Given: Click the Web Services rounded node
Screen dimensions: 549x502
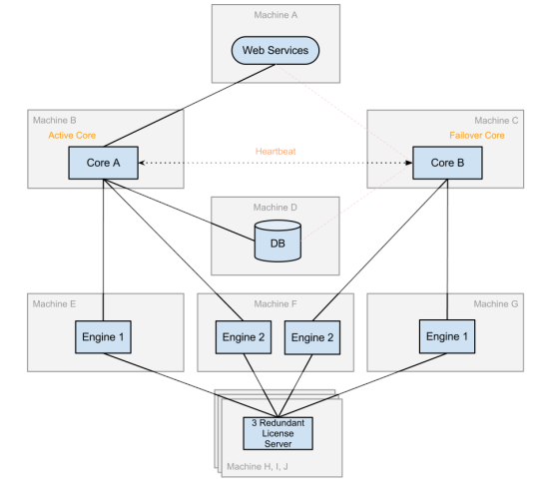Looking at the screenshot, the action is pos(275,51).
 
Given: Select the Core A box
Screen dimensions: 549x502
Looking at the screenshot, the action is pos(103,163).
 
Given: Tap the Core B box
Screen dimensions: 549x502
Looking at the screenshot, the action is pos(447,163).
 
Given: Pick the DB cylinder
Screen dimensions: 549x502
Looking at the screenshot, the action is pos(277,241).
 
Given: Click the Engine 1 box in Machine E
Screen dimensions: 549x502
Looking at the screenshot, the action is pos(103,336).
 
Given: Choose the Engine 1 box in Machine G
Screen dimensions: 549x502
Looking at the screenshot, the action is pos(447,336).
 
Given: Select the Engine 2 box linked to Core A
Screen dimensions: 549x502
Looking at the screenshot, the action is pos(244,337).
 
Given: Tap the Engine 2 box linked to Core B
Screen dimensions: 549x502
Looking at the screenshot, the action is pos(312,337).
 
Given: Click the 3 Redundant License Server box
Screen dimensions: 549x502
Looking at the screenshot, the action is pos(278,433).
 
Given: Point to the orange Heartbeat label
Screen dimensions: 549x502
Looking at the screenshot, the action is pos(275,152).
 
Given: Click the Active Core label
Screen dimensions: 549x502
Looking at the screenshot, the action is pos(72,136).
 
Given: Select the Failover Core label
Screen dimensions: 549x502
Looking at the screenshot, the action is pos(477,136).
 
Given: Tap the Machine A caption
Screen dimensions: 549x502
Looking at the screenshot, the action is pos(275,15).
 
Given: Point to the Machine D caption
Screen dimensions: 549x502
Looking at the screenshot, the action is pos(275,208).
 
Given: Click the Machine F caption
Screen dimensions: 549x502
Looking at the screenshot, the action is pos(275,303).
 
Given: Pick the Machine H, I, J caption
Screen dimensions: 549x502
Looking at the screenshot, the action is pos(258,467).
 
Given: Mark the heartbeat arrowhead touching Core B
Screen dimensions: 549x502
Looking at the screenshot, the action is pos(408,163).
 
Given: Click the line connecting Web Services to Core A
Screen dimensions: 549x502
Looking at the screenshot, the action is pos(190,106).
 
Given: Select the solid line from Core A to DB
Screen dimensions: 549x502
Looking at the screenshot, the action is pos(179,210).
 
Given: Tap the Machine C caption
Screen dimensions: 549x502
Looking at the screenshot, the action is pos(496,121).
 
